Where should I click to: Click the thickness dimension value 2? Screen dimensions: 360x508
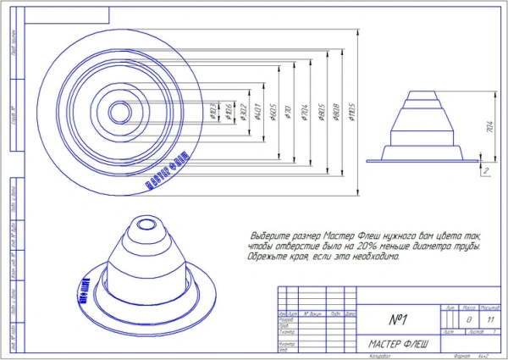click(488, 170)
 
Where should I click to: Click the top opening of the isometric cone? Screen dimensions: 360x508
click(140, 226)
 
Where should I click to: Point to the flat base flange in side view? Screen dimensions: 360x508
click(423, 158)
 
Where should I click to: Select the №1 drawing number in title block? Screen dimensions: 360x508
click(399, 320)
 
